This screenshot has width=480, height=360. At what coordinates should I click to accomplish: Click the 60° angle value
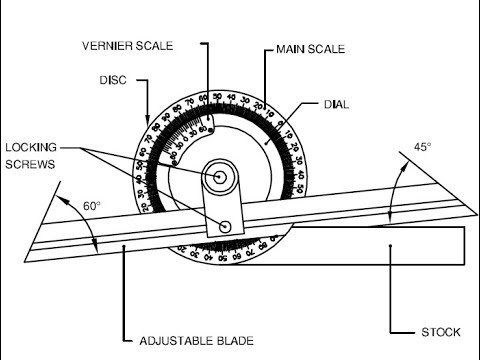[x=92, y=205]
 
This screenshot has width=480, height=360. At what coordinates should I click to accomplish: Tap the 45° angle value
[x=423, y=147]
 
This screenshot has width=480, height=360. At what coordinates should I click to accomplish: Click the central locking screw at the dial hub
[x=219, y=174]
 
